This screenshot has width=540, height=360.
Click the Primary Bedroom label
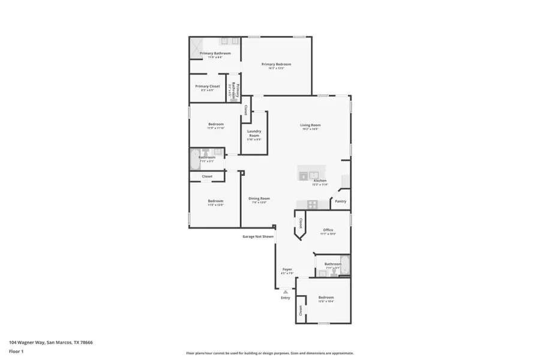pyautogui.click(x=276, y=64)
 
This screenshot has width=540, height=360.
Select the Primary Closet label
pyautogui.click(x=208, y=86)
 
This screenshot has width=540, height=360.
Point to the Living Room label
pyautogui.click(x=310, y=125)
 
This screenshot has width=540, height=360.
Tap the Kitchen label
pyautogui.click(x=320, y=181)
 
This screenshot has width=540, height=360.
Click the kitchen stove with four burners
pyautogui.click(x=313, y=204)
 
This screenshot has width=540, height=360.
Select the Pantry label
pyautogui.click(x=340, y=202)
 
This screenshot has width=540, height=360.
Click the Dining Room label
pyautogui.click(x=259, y=199)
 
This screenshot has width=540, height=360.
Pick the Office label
pyautogui.click(x=328, y=230)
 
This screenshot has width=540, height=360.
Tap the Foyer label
pyautogui.click(x=287, y=269)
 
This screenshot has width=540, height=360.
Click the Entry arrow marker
pyautogui.click(x=286, y=292)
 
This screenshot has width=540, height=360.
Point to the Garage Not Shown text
pyautogui.click(x=258, y=236)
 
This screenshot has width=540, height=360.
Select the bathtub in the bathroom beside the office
pyautogui.click(x=344, y=265)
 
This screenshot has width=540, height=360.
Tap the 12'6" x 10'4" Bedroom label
pyautogui.click(x=326, y=298)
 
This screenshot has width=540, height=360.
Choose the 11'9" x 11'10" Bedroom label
pyautogui.click(x=215, y=124)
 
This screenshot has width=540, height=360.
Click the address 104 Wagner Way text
pyautogui.click(x=50, y=343)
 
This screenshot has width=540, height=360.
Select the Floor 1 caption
pyautogui.click(x=16, y=351)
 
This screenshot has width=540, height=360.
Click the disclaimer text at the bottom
pyautogui.click(x=270, y=353)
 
